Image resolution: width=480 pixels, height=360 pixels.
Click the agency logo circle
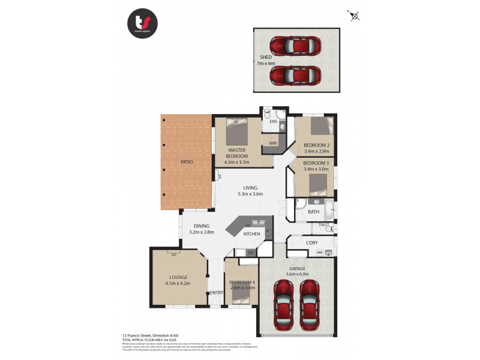143,25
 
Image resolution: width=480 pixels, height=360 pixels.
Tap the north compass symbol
355,16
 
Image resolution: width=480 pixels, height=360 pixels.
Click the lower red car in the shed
295,76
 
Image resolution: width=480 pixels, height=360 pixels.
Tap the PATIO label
187,162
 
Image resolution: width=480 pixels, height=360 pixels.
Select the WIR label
272,143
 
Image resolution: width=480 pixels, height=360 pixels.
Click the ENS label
273,122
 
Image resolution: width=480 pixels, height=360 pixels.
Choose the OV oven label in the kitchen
251,253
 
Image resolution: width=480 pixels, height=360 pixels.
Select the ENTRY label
216,292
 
